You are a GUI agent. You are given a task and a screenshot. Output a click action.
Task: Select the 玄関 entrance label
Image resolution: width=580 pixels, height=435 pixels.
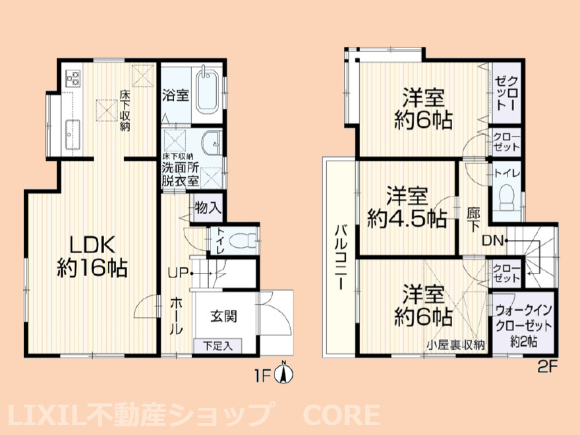[224, 316]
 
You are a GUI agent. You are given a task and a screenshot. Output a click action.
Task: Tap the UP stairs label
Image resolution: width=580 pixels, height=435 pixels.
[179, 273]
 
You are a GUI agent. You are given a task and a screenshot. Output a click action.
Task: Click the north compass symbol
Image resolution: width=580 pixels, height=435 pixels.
[284, 373]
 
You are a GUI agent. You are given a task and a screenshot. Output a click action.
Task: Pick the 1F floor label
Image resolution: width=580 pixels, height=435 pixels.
[263, 376]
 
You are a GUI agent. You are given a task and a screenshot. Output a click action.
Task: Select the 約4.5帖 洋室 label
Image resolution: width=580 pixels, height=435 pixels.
[407, 208]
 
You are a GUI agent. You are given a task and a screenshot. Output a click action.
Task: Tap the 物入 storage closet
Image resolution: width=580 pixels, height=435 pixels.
[208, 208]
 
